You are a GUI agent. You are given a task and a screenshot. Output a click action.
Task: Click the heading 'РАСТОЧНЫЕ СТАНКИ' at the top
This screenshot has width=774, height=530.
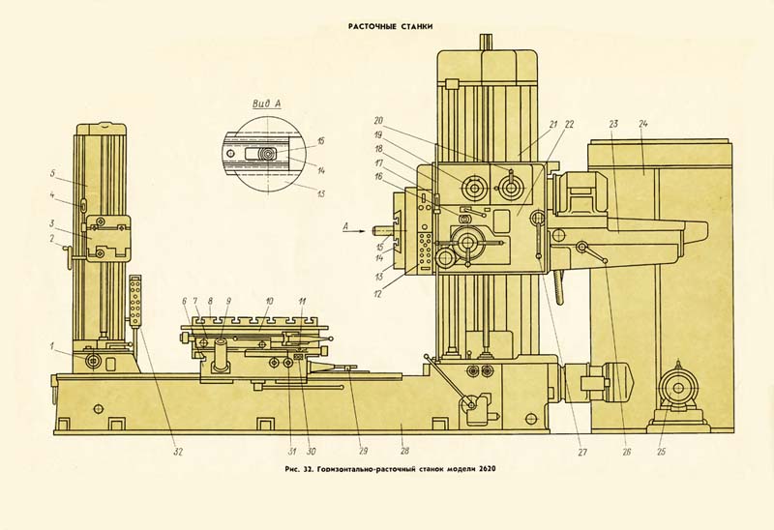[391, 26]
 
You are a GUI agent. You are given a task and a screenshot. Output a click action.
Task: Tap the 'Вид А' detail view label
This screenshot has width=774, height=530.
[267, 103]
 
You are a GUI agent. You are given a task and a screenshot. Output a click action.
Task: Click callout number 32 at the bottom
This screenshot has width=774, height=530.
[178, 452]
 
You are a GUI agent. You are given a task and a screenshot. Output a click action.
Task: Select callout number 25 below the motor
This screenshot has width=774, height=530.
[661, 452]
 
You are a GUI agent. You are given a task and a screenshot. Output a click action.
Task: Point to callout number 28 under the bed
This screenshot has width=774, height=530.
[404, 451]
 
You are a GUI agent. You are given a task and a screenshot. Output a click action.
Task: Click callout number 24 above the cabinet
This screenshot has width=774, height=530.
[642, 124]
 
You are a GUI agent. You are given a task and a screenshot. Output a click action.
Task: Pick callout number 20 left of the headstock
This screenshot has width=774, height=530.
[378, 120]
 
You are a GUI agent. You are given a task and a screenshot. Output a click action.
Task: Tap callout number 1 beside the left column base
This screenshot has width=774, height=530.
[51, 346]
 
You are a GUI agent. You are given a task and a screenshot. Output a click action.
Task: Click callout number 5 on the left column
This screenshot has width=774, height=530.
[52, 173]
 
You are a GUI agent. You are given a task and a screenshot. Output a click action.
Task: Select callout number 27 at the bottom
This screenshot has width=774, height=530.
[582, 452]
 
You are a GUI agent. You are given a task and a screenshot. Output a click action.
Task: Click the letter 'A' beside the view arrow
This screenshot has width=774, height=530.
[346, 226]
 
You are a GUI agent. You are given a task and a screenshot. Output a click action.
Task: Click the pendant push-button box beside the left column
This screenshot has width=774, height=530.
[134, 300]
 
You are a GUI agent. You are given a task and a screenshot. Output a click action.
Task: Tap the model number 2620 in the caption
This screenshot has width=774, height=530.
[486, 469]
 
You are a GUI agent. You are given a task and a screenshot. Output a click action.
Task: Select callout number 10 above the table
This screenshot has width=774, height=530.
[269, 300]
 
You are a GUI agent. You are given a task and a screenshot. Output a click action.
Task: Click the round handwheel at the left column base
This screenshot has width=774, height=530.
[93, 361]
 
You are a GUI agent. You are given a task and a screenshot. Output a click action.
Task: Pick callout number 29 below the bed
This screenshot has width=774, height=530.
[363, 451]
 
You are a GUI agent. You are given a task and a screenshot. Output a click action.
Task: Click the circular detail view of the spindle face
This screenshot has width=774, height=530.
[267, 155]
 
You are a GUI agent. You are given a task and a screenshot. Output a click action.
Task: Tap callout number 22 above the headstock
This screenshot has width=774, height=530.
[569, 125]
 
